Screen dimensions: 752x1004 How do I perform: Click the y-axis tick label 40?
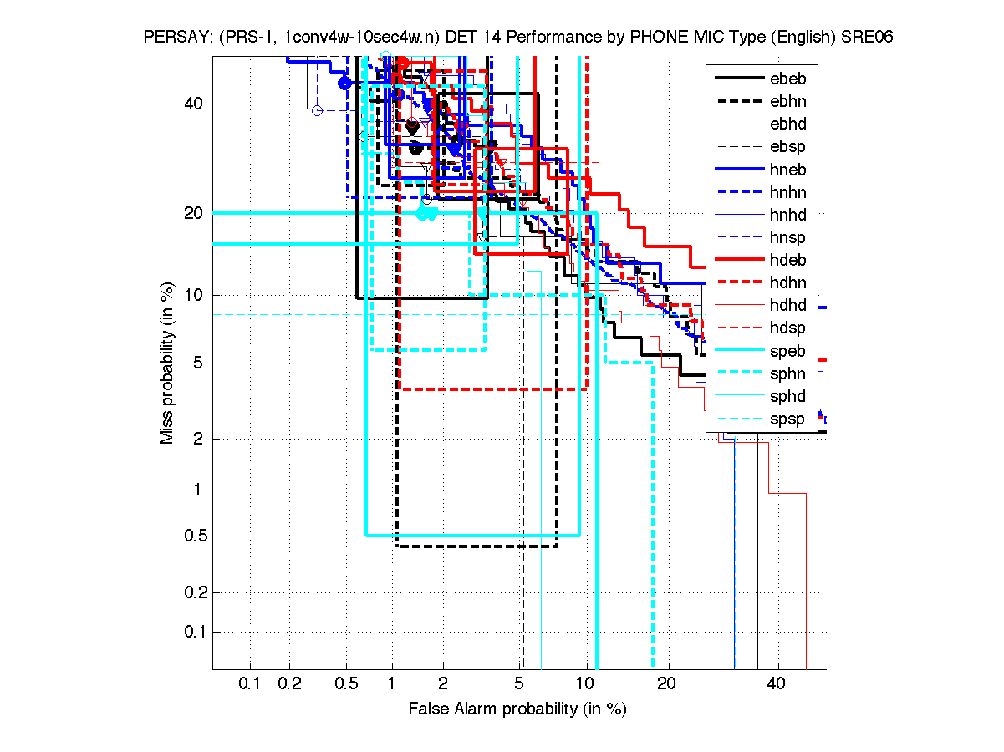tap(193, 104)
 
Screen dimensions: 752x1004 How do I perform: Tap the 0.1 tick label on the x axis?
tap(250, 683)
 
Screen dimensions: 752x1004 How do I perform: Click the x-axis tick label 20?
tap(665, 683)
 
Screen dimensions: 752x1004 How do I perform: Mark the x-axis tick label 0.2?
tap(289, 683)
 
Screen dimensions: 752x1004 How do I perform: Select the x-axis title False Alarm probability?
tap(517, 709)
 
